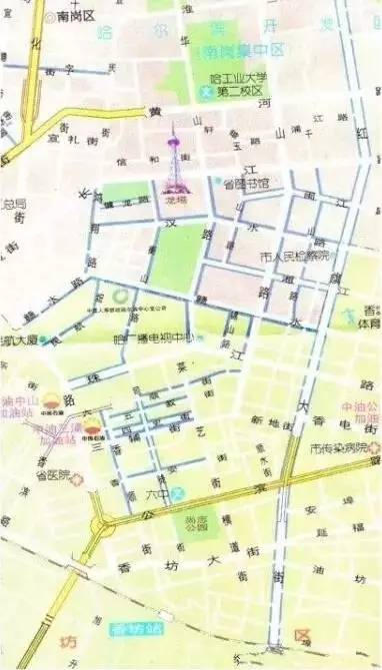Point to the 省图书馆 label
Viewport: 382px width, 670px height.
(x=247, y=184)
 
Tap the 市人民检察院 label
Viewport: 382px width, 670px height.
(x=294, y=257)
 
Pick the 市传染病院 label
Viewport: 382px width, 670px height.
(x=338, y=447)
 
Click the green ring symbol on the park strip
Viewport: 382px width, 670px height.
(x=119, y=297)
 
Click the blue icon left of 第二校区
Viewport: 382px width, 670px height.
(x=207, y=94)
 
